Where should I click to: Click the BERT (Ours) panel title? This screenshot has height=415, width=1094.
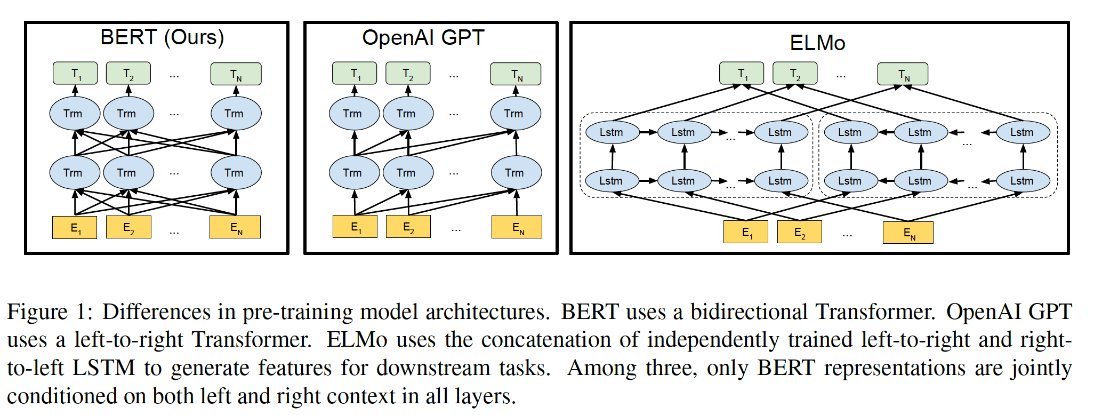(x=162, y=37)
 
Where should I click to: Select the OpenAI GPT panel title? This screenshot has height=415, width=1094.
(x=423, y=38)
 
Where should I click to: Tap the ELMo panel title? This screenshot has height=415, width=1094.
(x=817, y=43)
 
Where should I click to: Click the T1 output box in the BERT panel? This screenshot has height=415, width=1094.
(x=75, y=74)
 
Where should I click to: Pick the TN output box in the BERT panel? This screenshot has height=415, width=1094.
(x=236, y=74)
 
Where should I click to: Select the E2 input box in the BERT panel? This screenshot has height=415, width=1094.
(x=128, y=228)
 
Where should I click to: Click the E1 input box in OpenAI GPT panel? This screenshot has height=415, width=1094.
(x=355, y=227)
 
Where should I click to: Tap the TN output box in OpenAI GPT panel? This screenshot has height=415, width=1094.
(x=516, y=74)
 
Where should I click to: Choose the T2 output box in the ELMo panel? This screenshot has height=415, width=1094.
(x=795, y=74)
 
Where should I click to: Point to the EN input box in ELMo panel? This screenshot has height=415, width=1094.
(x=908, y=233)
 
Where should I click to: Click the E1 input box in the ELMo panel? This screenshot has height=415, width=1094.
(x=746, y=232)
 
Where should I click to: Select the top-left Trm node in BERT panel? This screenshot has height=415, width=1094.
(x=75, y=114)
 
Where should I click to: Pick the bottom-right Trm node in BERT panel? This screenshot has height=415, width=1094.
(x=236, y=173)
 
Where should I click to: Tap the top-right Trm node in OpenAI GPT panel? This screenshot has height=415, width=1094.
(x=515, y=114)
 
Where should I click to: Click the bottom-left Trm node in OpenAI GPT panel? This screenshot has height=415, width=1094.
(x=354, y=173)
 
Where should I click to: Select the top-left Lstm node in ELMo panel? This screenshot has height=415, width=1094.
(x=612, y=132)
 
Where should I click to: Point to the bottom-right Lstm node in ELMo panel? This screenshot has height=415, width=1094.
(x=1023, y=181)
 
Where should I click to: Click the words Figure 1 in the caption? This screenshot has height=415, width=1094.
(x=46, y=312)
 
